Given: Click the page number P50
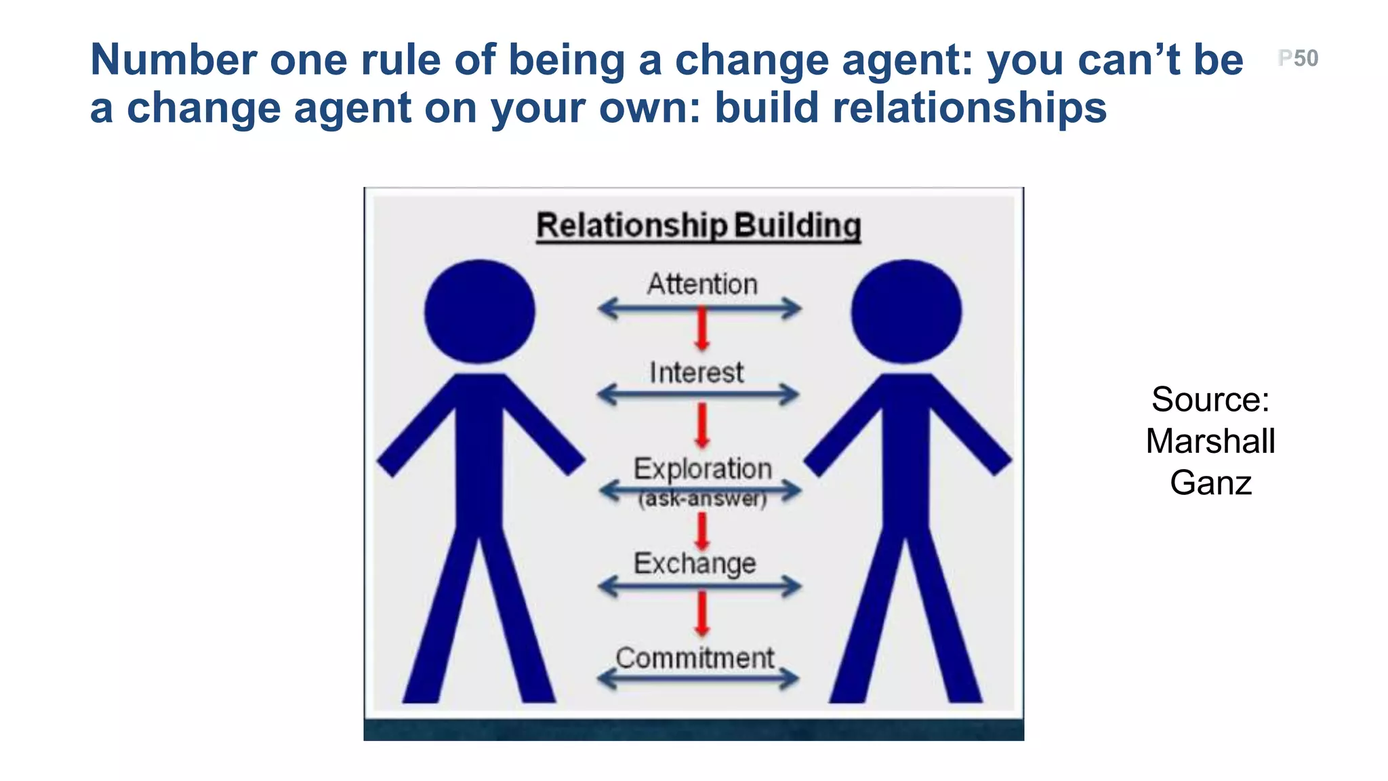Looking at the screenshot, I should coord(1298,58).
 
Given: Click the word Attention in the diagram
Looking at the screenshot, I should coord(702,284).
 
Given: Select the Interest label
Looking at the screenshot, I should coord(697,373).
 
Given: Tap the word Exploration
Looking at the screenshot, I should coord(703,468).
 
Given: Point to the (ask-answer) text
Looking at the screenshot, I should coord(702,499).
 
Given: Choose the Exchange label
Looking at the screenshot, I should coord(695,563).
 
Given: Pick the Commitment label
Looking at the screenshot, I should coord(695,658).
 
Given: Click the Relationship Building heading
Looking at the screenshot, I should coord(699,226).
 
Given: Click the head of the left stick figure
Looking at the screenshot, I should coord(480,311).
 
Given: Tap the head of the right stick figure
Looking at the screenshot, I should coord(906,311).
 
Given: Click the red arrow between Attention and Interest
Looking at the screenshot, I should coord(702,329).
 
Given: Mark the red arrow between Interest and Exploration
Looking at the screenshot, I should coord(702,425).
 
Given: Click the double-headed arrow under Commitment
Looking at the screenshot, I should coord(699,678).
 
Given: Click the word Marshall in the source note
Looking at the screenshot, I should coord(1210,441).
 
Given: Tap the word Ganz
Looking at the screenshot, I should coord(1210,483).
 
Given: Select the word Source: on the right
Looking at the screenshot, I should coord(1210,399).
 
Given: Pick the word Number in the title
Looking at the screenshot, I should coord(173,60).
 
